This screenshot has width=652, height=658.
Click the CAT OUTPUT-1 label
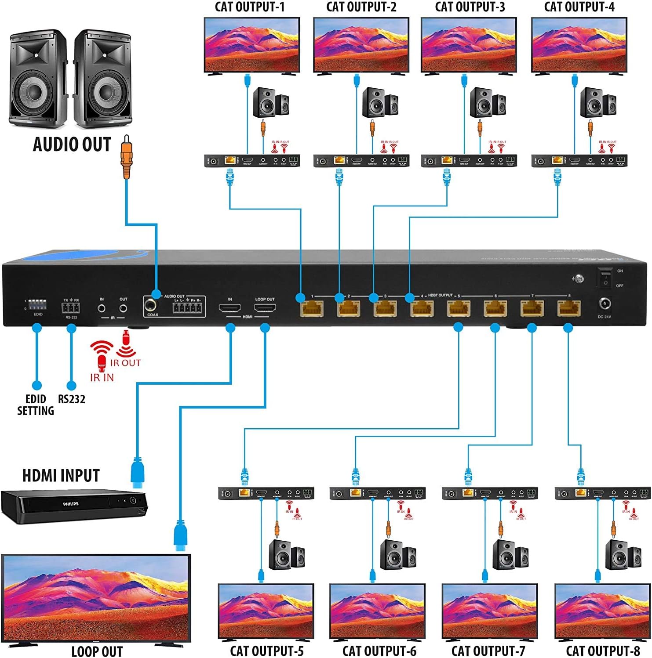249,7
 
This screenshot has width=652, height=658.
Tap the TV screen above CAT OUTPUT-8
602,611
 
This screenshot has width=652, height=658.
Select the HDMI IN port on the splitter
230,308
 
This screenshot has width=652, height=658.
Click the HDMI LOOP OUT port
265,308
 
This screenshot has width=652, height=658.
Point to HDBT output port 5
459,308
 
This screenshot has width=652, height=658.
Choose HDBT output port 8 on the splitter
568,308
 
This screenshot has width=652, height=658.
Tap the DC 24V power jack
605,304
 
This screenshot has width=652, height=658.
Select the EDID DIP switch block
38,305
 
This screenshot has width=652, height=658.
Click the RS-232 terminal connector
71,308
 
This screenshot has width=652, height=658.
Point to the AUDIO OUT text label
72,145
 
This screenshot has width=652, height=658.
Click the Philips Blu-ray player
74,506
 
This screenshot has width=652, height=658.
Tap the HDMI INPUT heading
61,476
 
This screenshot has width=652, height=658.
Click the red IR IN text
102,377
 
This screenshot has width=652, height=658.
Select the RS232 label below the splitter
72,399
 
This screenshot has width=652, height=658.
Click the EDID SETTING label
36,405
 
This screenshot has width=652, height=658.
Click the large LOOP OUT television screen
96,598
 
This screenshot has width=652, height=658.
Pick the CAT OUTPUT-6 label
379,651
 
